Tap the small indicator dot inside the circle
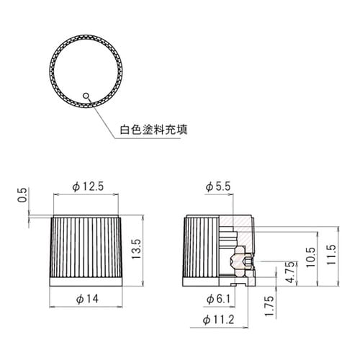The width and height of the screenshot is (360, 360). [85, 94]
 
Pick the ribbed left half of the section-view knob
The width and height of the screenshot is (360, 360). [201, 248]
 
